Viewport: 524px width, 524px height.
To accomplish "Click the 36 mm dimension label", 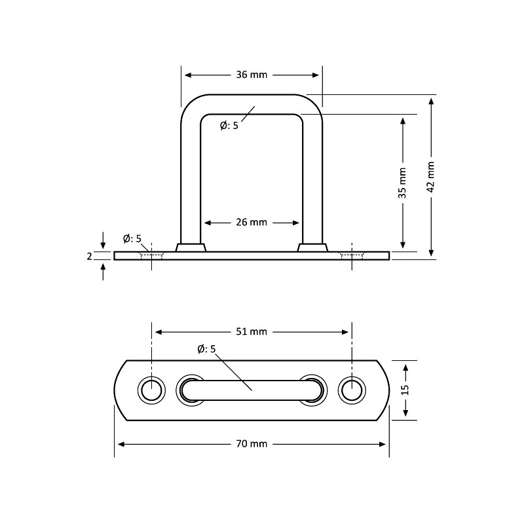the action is coord(252,75).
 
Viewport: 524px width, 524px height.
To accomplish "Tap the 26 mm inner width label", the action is coord(252,222).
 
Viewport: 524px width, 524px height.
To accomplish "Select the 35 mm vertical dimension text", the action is coord(402,183).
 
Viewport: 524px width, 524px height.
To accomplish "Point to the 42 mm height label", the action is coord(431,177).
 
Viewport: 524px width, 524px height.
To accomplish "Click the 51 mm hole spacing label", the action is coord(252,331).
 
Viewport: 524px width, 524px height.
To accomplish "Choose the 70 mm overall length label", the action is coord(252,444).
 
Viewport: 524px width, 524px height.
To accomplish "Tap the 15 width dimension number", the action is coord(405,390).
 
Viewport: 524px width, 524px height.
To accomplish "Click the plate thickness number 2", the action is coord(89,256).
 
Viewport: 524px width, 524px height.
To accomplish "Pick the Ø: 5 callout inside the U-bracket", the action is coord(229,126).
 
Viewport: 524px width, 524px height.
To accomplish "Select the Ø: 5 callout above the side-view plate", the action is coord(132,238).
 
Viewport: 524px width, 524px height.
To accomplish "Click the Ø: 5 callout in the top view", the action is coord(206,349).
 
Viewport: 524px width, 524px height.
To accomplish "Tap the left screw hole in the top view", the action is coord(151,390).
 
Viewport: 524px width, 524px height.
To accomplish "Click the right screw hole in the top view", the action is coord(352,390).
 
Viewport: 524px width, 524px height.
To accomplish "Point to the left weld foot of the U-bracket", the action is coord(191,248).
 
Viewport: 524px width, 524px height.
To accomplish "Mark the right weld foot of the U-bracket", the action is coord(312,248).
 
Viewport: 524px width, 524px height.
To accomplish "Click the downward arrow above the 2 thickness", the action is coord(103,240).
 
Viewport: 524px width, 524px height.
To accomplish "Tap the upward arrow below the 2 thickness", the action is coord(103,272).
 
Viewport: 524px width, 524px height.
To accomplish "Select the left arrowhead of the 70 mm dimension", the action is coord(122,444).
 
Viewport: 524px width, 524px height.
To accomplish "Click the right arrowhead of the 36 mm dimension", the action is coord(315,75).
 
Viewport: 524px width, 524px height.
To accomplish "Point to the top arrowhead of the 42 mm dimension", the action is coord(432,102).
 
